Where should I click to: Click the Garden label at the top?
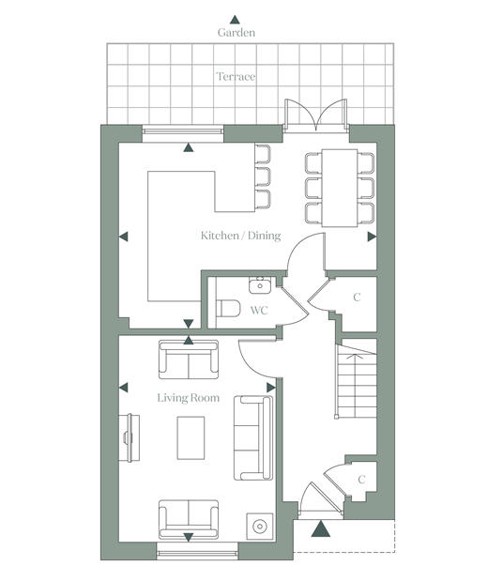(x=236, y=33)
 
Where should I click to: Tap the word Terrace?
(x=236, y=77)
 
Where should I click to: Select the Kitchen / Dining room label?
(x=240, y=236)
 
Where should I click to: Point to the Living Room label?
(x=189, y=398)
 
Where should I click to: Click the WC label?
(x=259, y=310)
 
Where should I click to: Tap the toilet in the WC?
(x=228, y=308)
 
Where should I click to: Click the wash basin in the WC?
(x=260, y=285)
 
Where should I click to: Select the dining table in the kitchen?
(x=340, y=188)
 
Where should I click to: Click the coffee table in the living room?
(x=191, y=438)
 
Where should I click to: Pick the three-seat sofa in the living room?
(x=253, y=438)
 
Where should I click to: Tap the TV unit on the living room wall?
(x=130, y=438)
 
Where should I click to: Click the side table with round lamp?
(x=260, y=527)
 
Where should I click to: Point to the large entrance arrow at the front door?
(x=321, y=529)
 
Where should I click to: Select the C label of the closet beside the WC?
(x=357, y=298)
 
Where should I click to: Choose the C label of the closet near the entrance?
(x=361, y=480)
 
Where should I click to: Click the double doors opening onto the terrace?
(x=315, y=115)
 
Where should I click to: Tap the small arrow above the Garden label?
(x=235, y=20)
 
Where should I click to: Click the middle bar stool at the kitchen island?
(x=263, y=176)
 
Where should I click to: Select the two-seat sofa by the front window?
(x=189, y=519)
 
